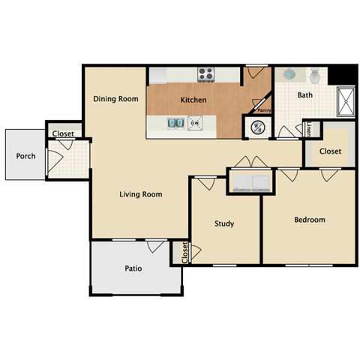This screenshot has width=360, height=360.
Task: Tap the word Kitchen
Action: click(193, 100)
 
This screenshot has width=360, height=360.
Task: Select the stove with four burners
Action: click(206, 74)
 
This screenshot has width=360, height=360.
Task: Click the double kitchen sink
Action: click(175, 122)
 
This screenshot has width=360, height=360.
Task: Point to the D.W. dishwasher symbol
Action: click(195, 122)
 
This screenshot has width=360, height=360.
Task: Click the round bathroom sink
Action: click(289, 76)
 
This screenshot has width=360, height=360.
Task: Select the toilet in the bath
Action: click(315, 75)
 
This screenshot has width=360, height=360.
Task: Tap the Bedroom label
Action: click(309, 220)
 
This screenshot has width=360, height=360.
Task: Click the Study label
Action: click(223, 223)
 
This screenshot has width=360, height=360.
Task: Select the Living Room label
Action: click(141, 194)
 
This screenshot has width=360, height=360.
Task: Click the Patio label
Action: click(133, 268)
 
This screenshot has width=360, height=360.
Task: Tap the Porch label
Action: click(25, 156)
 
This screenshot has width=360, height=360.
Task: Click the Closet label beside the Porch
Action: click(63, 134)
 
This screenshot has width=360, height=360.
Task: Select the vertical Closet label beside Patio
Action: click(184, 253)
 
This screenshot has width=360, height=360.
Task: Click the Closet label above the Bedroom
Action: click(330, 151)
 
